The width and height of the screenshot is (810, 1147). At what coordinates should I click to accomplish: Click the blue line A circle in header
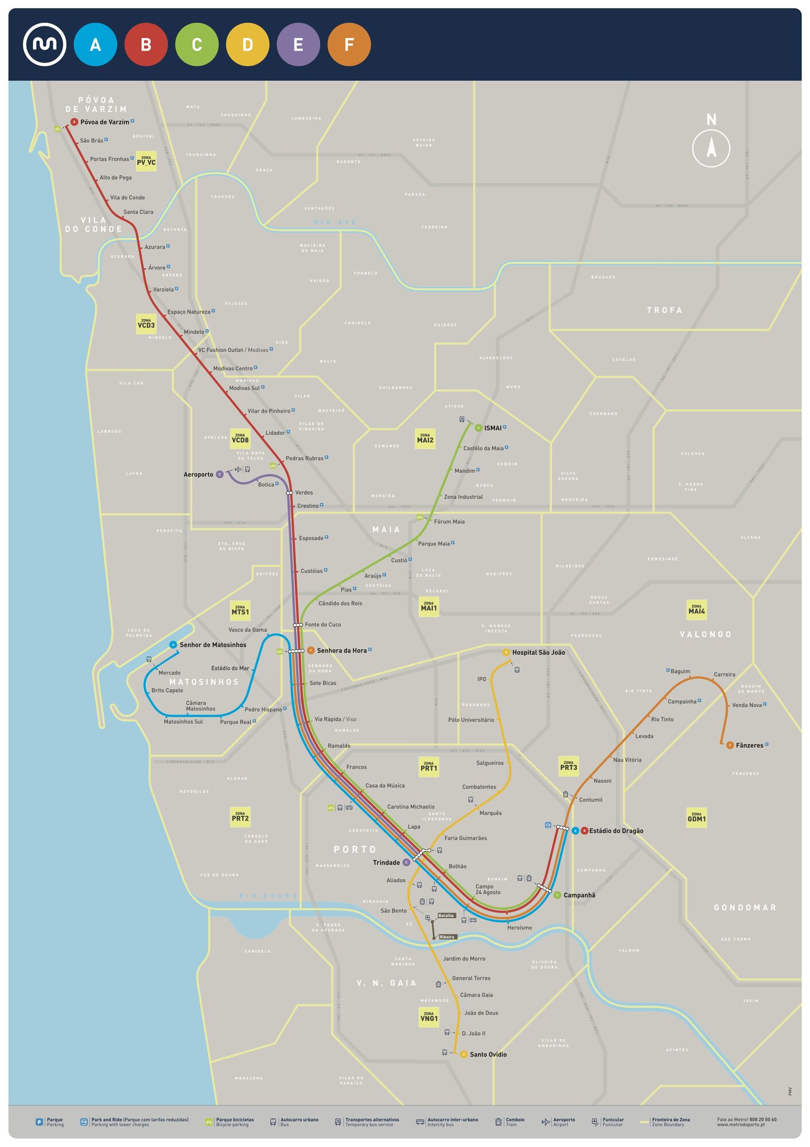[95, 45]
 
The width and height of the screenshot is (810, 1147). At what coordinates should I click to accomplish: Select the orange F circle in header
[349, 45]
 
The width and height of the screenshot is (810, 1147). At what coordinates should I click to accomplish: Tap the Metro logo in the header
[44, 45]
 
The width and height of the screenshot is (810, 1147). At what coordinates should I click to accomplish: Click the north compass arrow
[711, 147]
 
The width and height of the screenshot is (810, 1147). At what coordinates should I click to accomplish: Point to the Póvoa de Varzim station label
[104, 122]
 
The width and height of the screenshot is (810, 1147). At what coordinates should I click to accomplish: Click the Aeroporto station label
[198, 475]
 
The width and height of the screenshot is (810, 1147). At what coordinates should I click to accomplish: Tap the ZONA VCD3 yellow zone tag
[146, 324]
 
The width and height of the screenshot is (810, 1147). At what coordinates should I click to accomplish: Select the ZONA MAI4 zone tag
[696, 610]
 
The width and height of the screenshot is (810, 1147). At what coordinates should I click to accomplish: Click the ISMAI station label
[492, 428]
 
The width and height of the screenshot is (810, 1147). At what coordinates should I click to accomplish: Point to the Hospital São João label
[538, 653]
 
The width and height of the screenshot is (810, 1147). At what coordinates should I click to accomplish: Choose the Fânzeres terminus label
[749, 746]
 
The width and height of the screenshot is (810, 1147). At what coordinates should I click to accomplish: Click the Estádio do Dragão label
[616, 831]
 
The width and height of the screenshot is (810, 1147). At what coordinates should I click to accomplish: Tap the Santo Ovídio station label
[488, 1055]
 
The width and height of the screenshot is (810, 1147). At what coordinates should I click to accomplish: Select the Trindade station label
[386, 863]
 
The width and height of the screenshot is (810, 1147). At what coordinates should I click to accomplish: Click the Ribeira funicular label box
[447, 937]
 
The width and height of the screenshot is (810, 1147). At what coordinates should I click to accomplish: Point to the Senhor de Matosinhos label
[213, 645]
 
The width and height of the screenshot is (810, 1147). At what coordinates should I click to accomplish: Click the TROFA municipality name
[664, 310]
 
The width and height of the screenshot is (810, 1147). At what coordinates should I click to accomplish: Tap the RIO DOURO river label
[268, 896]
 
